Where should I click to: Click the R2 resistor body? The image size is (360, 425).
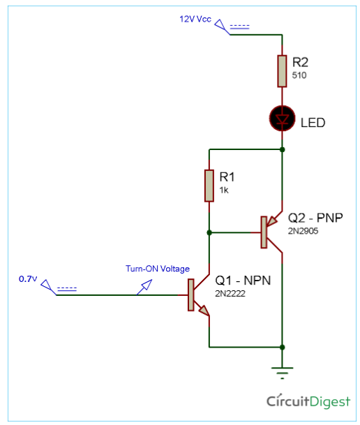[282, 71]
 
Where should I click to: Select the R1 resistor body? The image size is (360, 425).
[209, 186]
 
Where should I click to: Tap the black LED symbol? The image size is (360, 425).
[283, 119]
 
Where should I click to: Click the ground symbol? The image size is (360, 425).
[283, 373]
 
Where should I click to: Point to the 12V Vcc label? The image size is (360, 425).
[195, 20]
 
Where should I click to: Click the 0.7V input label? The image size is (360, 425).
[28, 279]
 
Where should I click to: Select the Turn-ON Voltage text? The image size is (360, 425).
[158, 269]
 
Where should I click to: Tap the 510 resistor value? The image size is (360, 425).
[299, 75]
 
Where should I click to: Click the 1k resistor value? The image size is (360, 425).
[224, 191]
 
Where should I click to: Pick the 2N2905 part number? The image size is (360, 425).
[303, 231]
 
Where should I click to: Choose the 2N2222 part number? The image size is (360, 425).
[230, 294]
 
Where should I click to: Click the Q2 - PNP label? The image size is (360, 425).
[315, 218]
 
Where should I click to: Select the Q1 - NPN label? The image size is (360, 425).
[243, 281]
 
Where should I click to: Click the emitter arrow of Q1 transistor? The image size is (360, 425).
[204, 311]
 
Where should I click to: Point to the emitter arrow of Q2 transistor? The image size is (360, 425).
[272, 222]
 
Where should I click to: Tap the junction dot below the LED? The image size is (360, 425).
[283, 149]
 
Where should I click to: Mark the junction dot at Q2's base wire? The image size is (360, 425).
[209, 232]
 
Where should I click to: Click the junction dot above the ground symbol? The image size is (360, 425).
[283, 348]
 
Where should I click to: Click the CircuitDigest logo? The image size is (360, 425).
[308, 401]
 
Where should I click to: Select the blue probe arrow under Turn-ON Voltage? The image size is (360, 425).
[144, 287]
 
